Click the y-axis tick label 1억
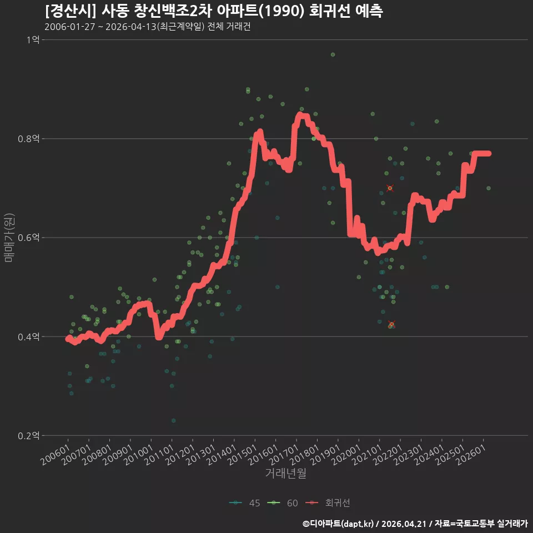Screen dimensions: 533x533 (33, 40)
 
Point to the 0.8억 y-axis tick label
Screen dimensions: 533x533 (28, 139)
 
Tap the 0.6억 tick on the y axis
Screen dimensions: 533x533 (28, 238)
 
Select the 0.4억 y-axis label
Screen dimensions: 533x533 (28, 337)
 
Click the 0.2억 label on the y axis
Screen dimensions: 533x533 (28, 436)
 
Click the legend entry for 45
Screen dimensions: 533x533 (245, 503)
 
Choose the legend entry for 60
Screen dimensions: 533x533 (283, 503)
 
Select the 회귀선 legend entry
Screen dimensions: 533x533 (328, 503)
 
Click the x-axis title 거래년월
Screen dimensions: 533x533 (285, 473)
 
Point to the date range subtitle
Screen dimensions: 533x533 (148, 27)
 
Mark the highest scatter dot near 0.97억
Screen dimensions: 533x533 (333, 55)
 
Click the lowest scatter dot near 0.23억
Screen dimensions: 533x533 (173, 421)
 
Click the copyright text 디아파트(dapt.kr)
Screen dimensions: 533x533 (340, 524)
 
